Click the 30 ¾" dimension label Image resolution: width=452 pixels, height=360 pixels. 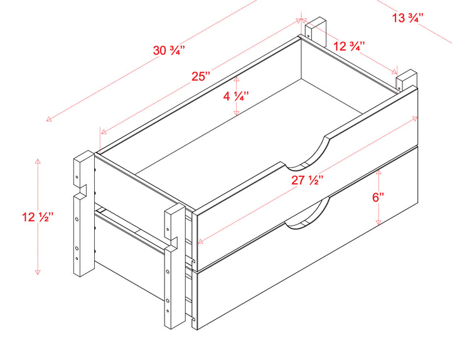coord(169,50)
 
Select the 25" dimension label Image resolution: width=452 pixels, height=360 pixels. coord(202,77)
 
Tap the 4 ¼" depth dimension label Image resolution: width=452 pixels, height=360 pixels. coord(236,96)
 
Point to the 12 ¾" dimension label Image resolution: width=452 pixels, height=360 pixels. coord(349,46)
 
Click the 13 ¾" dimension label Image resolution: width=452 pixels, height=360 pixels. coord(407,18)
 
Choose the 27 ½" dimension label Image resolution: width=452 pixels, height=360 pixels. coord(307,180)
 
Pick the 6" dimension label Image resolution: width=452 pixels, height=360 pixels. coord(378,198)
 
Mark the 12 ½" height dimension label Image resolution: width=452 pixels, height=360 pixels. coord(38,216)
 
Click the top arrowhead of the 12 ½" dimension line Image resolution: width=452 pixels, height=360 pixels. coord(38,161)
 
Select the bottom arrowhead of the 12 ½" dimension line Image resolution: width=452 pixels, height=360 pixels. coord(38,272)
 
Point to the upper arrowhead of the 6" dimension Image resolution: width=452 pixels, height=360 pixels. coord(379,172)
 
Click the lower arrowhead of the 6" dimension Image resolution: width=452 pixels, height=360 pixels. coord(379,222)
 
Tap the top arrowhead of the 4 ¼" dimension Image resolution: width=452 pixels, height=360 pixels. coord(237,78)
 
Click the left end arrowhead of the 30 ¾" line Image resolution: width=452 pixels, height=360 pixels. coord(49,119)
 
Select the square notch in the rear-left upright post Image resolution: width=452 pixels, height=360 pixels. coord(83,191)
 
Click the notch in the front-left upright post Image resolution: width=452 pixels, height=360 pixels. coord(174,243)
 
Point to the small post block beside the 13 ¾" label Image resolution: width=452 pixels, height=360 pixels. coord(406,80)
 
